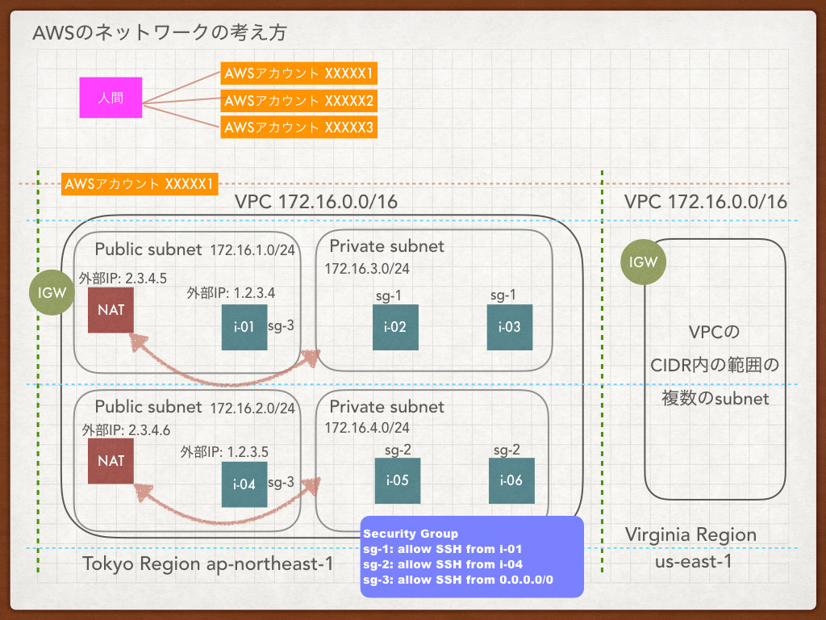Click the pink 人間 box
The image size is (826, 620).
coord(111,98)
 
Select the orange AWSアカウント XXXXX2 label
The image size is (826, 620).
coord(298,100)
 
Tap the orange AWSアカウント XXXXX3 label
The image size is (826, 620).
coord(298,127)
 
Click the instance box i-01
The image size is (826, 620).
coord(244,327)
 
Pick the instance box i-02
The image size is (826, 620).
coord(395,327)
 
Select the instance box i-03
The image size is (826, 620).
coord(510,327)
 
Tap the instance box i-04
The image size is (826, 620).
coord(244,484)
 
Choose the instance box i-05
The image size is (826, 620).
coord(398,480)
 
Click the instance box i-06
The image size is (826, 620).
coord(511,480)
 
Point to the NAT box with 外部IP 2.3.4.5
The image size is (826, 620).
coord(111,310)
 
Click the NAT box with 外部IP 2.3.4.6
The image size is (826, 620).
coord(111,461)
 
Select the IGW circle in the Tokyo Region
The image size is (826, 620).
coord(52,292)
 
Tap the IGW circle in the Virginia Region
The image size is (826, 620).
coord(643,262)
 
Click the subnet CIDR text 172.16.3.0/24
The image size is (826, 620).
coord(367,269)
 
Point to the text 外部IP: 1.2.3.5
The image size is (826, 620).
coord(224,452)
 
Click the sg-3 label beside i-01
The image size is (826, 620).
coord(281,326)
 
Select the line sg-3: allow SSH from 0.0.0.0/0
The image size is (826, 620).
coord(458,580)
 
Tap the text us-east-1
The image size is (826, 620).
coord(693,562)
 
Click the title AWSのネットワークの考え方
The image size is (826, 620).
coord(160,32)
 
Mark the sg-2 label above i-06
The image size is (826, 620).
coord(507,450)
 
